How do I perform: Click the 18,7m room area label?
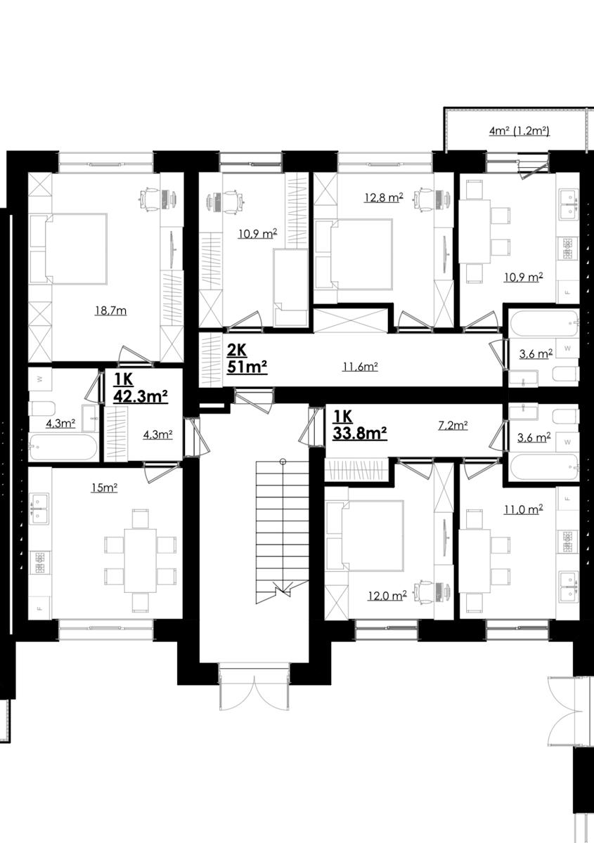click(111, 311)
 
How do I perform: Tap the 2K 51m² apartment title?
click(247, 359)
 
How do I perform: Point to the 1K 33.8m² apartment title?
click(360, 425)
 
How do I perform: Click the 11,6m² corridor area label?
click(360, 366)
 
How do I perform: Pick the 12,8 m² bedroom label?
click(384, 197)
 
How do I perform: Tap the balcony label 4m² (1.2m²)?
click(519, 131)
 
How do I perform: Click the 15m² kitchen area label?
click(104, 488)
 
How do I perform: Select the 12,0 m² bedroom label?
click(387, 596)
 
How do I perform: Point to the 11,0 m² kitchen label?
click(524, 509)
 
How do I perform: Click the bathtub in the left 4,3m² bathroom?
click(63, 447)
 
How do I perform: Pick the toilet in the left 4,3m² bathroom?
click(42, 408)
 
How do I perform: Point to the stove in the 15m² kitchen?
click(39, 562)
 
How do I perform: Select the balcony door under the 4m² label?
click(532, 166)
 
